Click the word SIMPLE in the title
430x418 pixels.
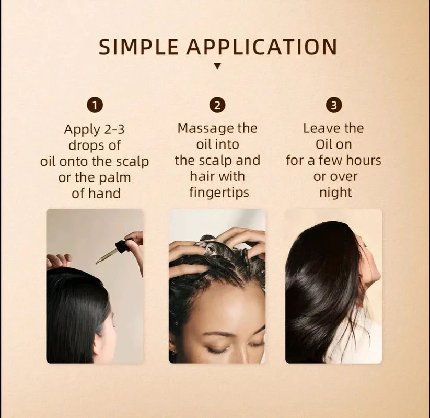[139, 47]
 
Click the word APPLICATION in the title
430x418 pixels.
[262, 47]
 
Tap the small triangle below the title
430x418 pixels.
[217, 66]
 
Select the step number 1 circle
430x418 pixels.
[95, 105]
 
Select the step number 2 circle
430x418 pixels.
[217, 105]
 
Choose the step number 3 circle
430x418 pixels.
[334, 105]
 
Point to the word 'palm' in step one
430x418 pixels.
[115, 177]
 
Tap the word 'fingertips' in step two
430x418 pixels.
[219, 193]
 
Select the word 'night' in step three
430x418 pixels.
[335, 193]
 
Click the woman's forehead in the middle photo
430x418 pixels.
[219, 306]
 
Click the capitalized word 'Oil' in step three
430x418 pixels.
[327, 144]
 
